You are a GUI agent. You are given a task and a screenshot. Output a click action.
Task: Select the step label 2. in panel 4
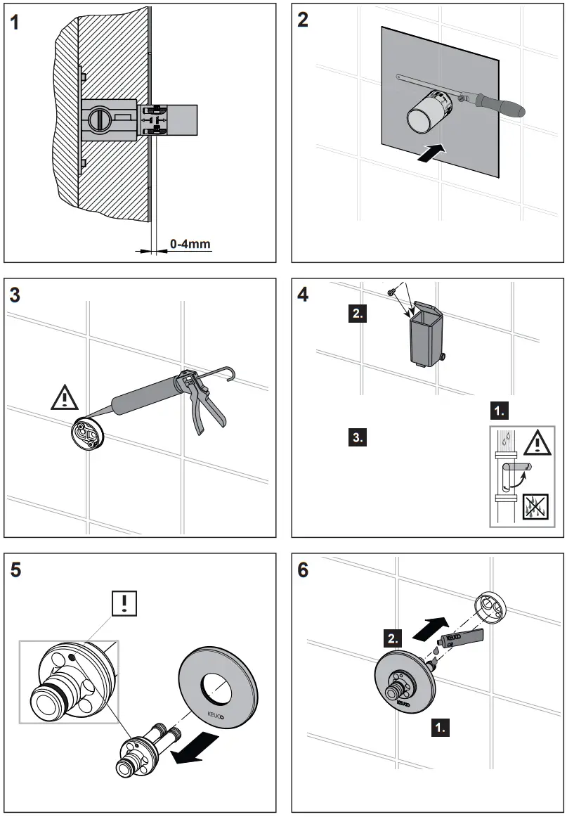tap(358, 314)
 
